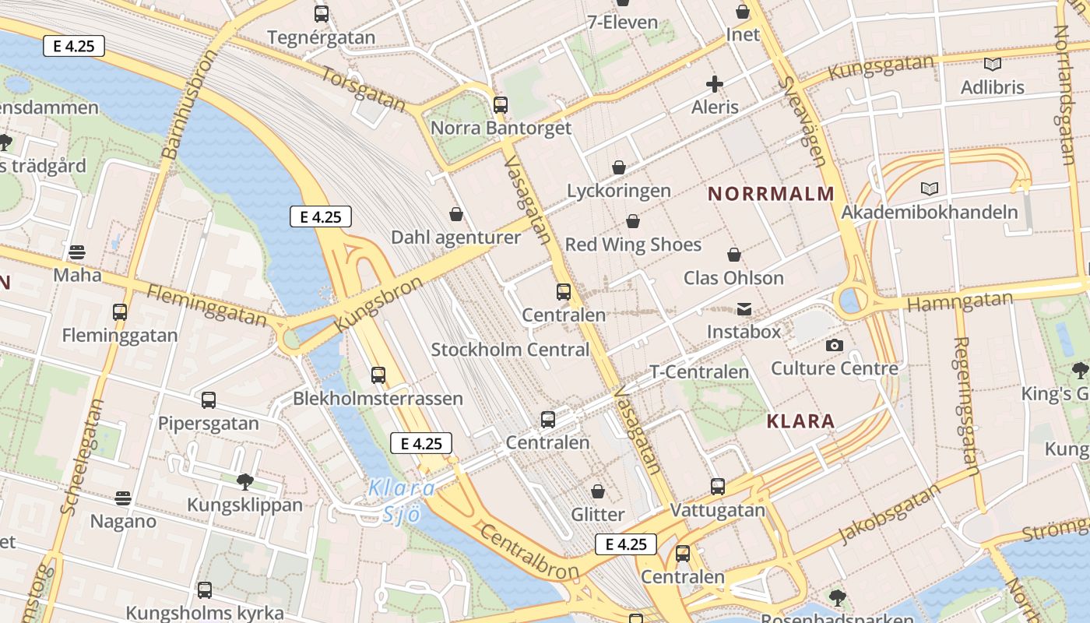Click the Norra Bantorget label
501,128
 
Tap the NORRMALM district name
771,194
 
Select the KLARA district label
800,421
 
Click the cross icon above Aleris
715,84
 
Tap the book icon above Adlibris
992,65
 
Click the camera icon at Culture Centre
835,345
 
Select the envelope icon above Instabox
744,309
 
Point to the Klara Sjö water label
402,501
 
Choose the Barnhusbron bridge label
189,104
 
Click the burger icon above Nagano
123,498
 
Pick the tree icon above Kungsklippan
244,481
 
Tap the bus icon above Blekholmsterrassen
378,375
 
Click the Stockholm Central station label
510,350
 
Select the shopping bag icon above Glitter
598,491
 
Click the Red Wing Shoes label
633,245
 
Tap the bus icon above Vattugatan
717,487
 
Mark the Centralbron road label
529,552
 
